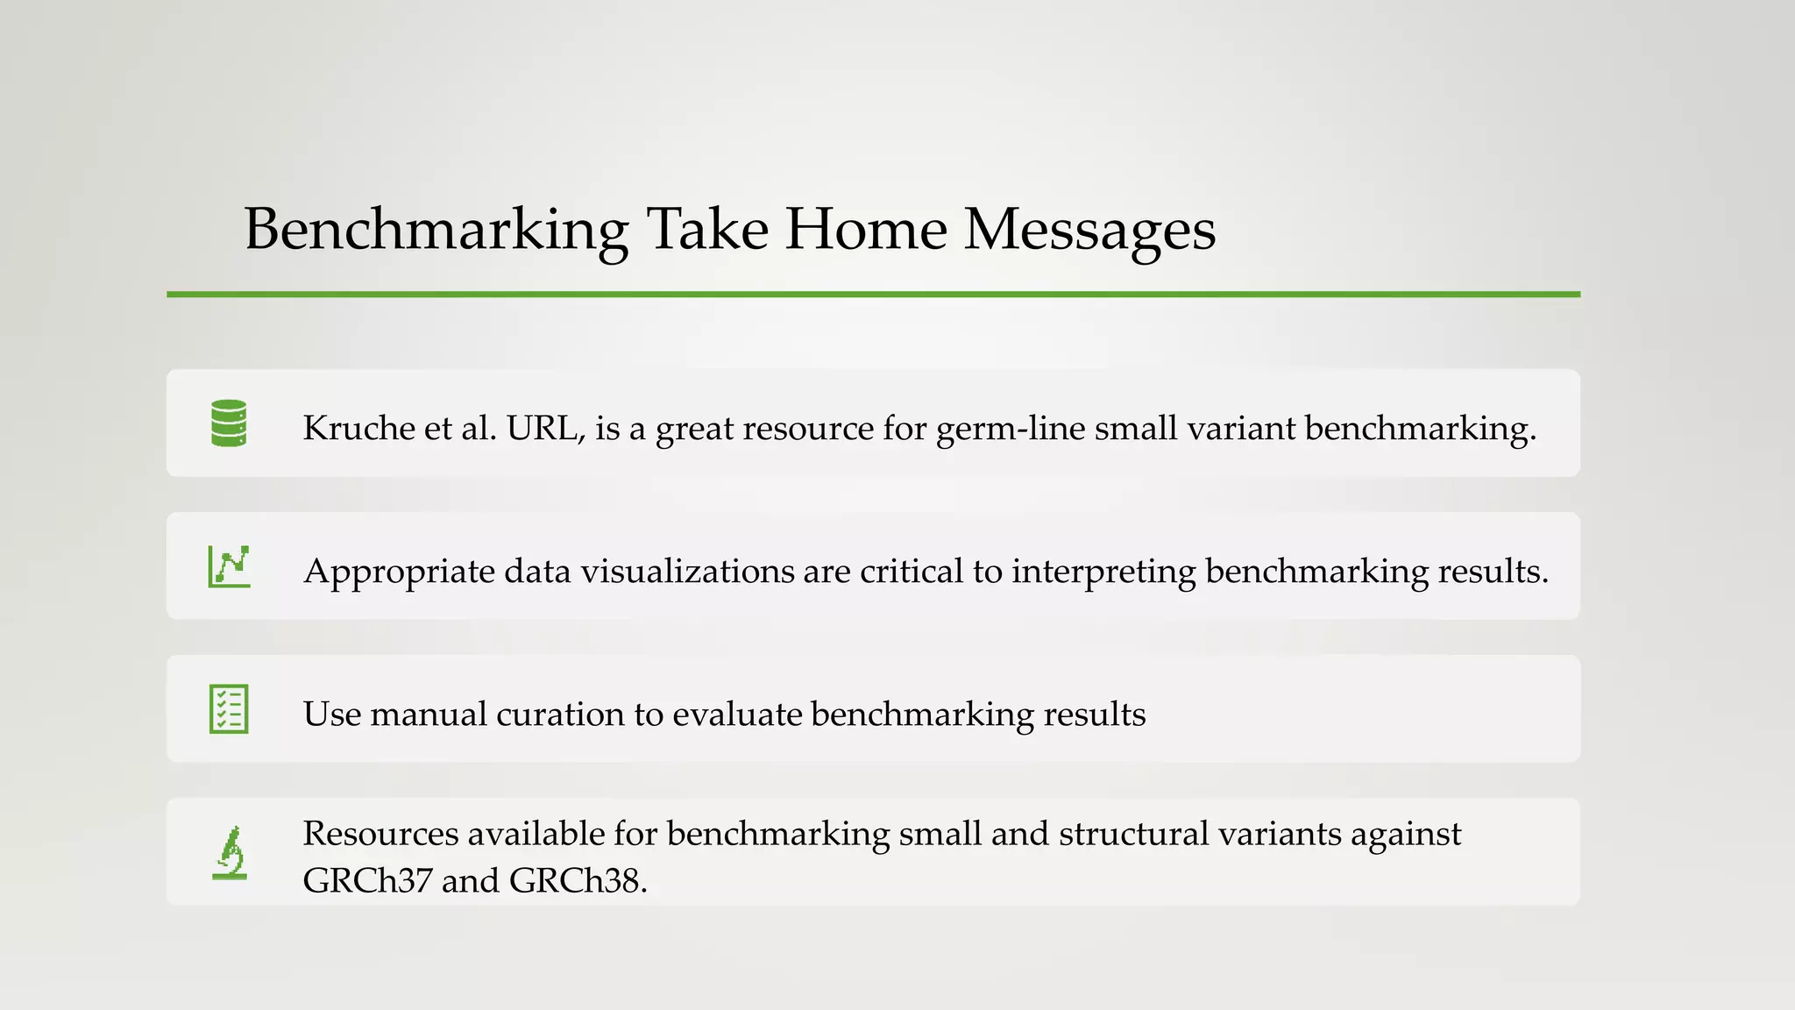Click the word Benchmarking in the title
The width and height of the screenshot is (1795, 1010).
(436, 230)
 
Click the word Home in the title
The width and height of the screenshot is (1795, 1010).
(865, 230)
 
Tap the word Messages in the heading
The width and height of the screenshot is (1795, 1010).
(1089, 230)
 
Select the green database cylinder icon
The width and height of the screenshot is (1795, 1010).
(229, 423)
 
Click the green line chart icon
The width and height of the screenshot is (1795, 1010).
(229, 566)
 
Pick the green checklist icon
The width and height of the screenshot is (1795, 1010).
(229, 709)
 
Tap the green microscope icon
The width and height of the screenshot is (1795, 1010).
(230, 852)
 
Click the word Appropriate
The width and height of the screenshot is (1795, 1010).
(399, 572)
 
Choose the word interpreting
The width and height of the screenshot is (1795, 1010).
(1103, 572)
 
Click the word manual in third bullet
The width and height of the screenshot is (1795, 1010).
(428, 714)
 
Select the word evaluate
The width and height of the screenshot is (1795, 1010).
(737, 714)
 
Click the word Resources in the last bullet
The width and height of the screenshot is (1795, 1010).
(380, 834)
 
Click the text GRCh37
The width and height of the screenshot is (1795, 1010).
(367, 880)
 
